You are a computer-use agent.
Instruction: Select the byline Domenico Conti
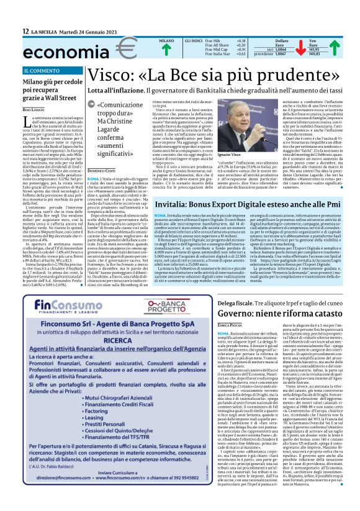click(x=102, y=151)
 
